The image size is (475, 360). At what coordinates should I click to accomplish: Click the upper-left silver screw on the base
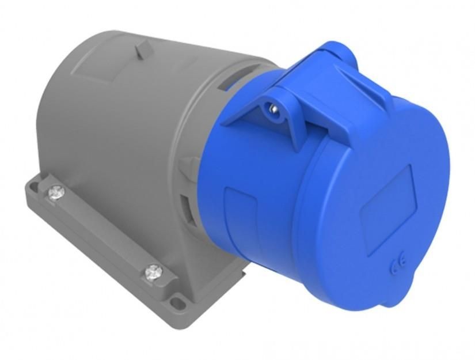(x=56, y=193)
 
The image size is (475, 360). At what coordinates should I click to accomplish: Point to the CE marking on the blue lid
(x=398, y=266)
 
